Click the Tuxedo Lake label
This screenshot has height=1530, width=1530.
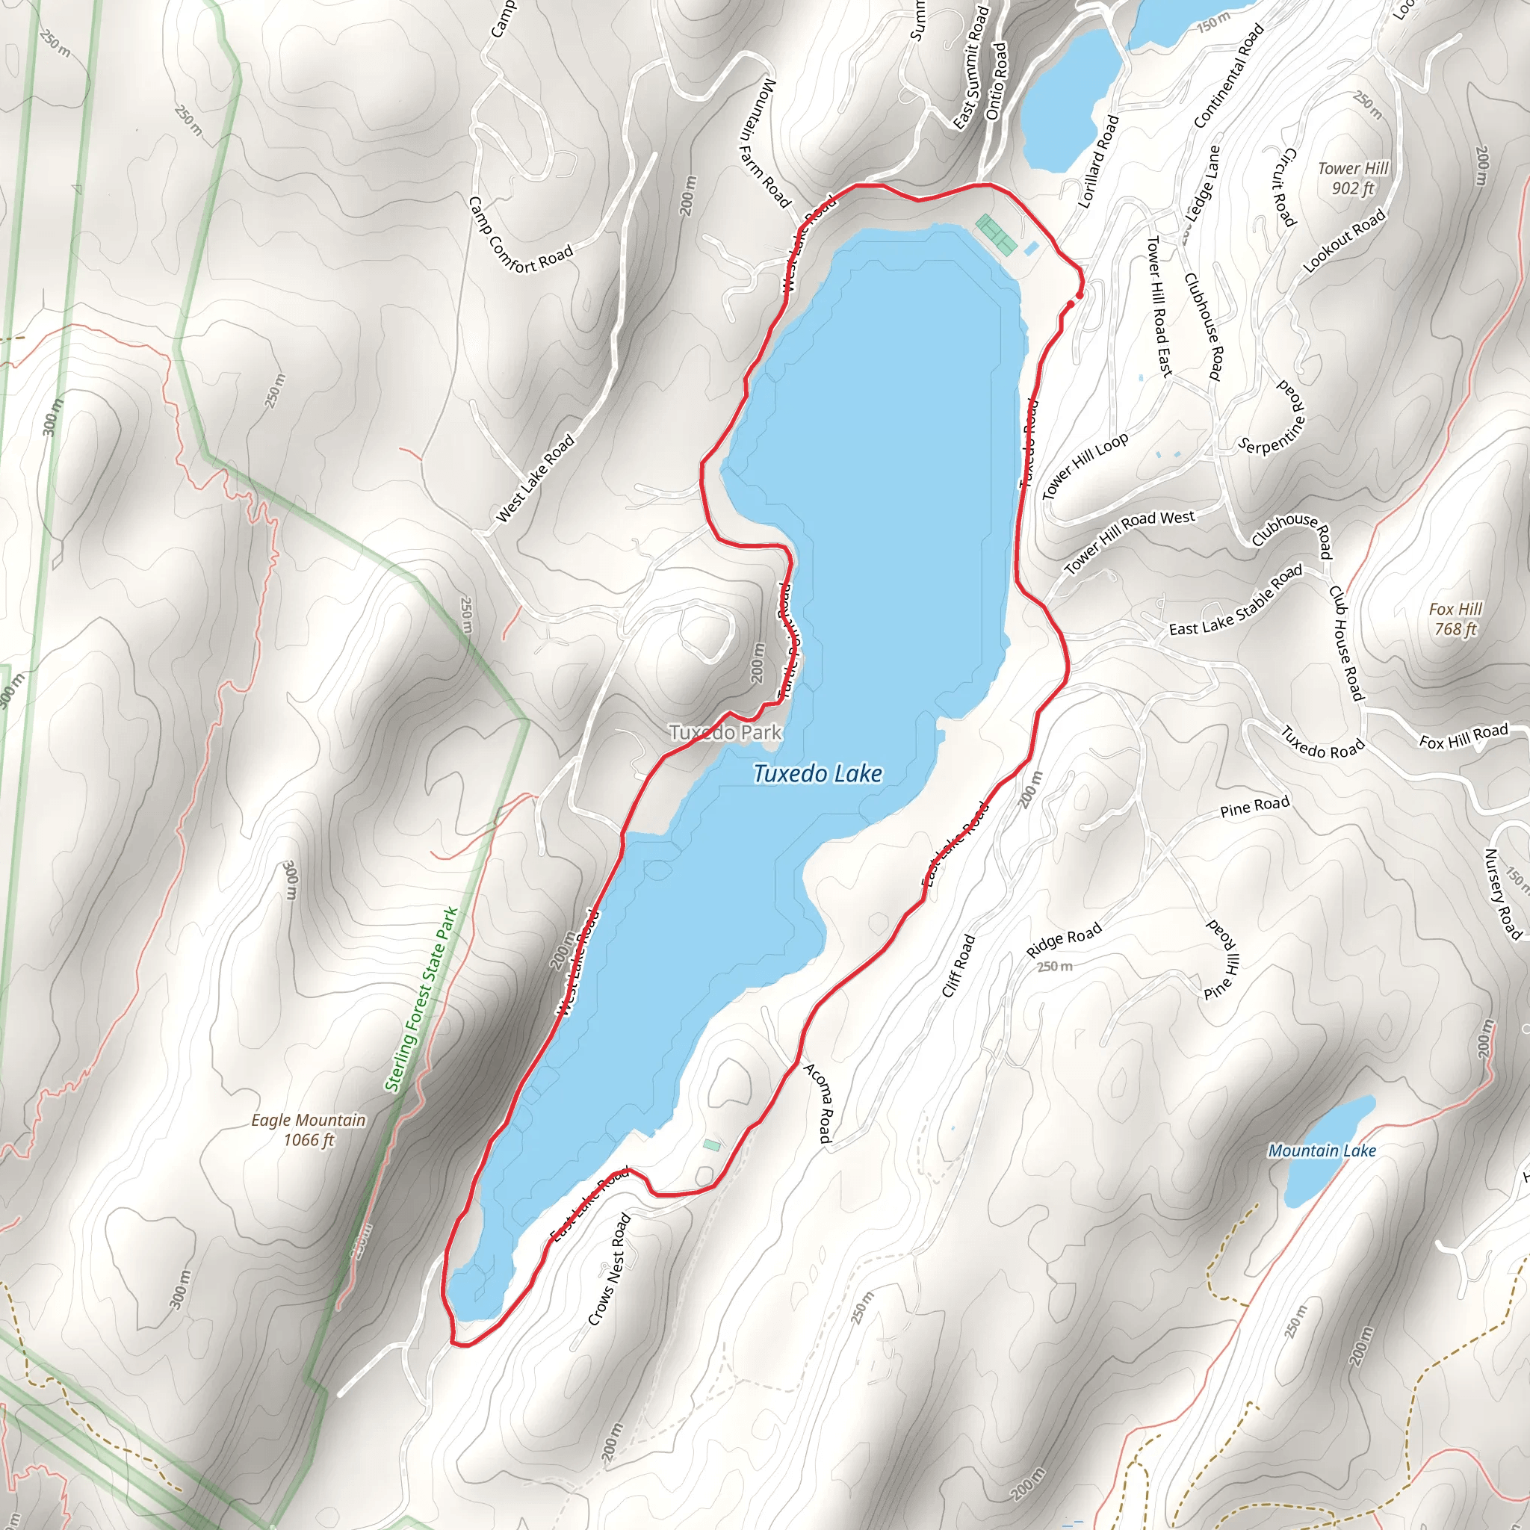(x=817, y=774)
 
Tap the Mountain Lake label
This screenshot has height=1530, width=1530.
(x=1322, y=1150)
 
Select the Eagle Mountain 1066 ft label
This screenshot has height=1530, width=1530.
(x=309, y=1130)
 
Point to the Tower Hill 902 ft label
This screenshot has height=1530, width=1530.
(x=1353, y=179)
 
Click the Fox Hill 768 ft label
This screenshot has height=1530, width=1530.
(x=1455, y=619)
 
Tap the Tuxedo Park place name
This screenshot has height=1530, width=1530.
(x=725, y=733)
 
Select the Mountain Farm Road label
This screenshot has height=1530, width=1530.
(x=764, y=143)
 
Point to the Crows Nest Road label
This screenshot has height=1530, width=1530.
(x=609, y=1269)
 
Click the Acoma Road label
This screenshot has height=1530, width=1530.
(x=818, y=1103)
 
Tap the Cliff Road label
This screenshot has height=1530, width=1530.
(x=958, y=965)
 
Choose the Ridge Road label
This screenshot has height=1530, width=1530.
(x=1063, y=940)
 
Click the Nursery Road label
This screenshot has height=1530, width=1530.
(x=1502, y=894)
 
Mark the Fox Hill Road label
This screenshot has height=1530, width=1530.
(x=1464, y=737)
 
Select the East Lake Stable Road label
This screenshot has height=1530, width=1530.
(x=1236, y=602)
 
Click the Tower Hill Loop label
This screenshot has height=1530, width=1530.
(x=1085, y=466)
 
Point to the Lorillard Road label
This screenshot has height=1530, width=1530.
(x=1098, y=162)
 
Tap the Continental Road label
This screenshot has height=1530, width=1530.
(x=1228, y=76)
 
